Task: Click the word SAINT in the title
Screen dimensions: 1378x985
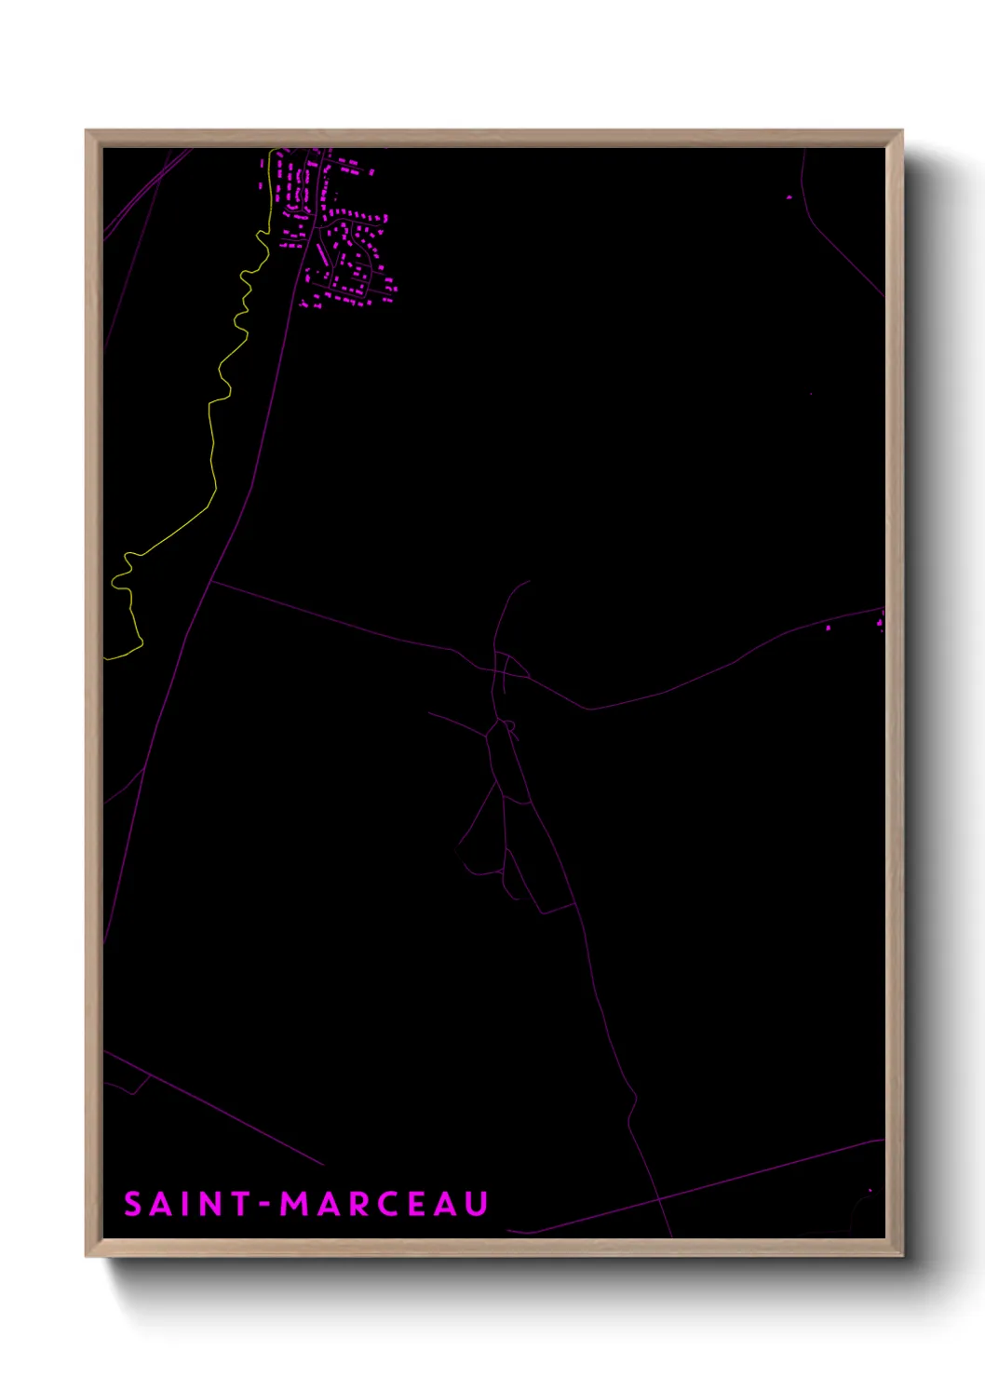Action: (187, 1204)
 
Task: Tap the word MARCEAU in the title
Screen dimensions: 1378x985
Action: (385, 1204)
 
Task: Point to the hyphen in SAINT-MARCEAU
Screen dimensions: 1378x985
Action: (265, 1205)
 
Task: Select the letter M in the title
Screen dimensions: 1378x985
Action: (297, 1204)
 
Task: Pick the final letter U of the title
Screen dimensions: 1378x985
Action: (477, 1204)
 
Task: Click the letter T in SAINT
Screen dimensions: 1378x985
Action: (240, 1204)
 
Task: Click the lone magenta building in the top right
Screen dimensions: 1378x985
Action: (789, 197)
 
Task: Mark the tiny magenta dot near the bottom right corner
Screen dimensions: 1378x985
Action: (870, 1190)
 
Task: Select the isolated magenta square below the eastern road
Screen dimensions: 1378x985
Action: (828, 628)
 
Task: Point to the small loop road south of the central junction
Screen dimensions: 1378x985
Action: (509, 725)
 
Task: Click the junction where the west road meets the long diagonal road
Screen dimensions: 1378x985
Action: (212, 581)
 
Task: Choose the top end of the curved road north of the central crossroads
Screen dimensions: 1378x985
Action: (528, 582)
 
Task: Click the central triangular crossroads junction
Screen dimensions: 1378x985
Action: (507, 667)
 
